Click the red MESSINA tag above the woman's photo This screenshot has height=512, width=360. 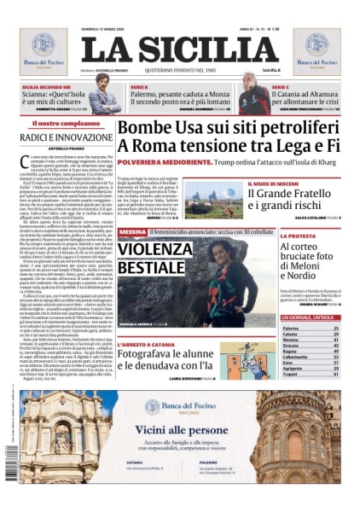(132, 232)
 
